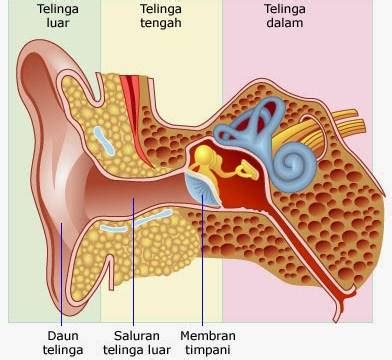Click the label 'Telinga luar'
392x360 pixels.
pyautogui.click(x=58, y=16)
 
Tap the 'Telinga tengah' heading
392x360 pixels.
pyautogui.click(x=161, y=16)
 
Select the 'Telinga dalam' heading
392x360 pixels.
pyautogui.click(x=285, y=16)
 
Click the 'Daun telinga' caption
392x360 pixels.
pyautogui.click(x=63, y=343)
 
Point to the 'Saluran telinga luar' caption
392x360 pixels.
pyautogui.click(x=137, y=343)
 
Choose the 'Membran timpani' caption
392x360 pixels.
pyautogui.click(x=208, y=343)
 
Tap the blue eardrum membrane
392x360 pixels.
pyautogui.click(x=203, y=187)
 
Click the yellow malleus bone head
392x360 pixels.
pyautogui.click(x=204, y=155)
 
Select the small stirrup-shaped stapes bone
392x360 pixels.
pyautogui.click(x=247, y=169)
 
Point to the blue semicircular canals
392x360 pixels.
pyautogui.click(x=250, y=123)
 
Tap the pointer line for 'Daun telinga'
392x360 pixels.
pyautogui.click(x=61, y=274)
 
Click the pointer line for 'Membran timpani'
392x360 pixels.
pyautogui.click(x=202, y=260)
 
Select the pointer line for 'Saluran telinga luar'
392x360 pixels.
pyautogui.click(x=133, y=262)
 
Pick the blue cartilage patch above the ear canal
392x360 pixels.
pyautogui.click(x=104, y=141)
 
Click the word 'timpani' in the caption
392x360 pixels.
pyautogui.click(x=208, y=350)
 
